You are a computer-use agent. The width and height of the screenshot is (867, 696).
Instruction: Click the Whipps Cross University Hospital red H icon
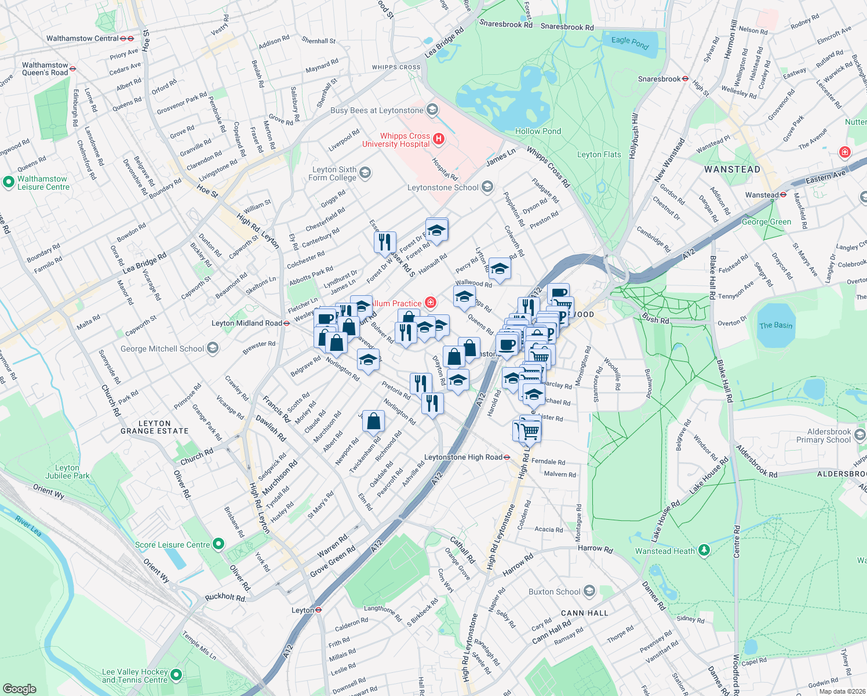(439, 139)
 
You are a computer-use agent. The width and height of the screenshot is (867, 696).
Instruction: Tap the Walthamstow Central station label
(82, 38)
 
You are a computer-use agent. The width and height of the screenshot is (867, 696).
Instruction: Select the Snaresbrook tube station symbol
(685, 79)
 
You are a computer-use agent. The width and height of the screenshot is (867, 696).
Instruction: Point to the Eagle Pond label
(630, 42)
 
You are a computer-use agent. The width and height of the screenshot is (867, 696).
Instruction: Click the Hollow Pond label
(538, 131)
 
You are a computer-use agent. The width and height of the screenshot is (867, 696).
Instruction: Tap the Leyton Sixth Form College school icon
(365, 172)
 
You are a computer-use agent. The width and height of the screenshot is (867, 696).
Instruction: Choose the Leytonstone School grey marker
(487, 187)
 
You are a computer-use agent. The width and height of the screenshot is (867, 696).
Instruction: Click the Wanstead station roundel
(784, 195)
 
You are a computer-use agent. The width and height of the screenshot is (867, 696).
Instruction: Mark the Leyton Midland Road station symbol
(287, 323)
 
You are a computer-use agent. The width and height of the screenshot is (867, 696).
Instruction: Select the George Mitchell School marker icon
(213, 348)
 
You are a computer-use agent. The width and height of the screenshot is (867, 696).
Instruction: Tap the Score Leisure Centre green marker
(218, 544)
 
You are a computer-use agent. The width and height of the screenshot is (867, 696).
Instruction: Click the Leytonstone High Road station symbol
(507, 457)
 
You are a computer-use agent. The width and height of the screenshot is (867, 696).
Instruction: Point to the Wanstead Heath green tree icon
(704, 550)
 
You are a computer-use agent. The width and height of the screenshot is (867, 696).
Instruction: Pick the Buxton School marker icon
(589, 591)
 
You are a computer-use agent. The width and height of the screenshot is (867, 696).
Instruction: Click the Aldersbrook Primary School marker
(859, 435)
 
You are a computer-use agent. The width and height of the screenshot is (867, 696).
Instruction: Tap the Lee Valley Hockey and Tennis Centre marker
(176, 675)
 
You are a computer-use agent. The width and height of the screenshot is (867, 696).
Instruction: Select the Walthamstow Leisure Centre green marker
(8, 182)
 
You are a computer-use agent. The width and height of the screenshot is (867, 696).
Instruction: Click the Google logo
(19, 688)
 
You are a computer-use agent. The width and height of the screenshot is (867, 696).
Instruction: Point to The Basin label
(775, 325)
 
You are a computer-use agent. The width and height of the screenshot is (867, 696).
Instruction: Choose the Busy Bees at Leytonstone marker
(432, 110)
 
